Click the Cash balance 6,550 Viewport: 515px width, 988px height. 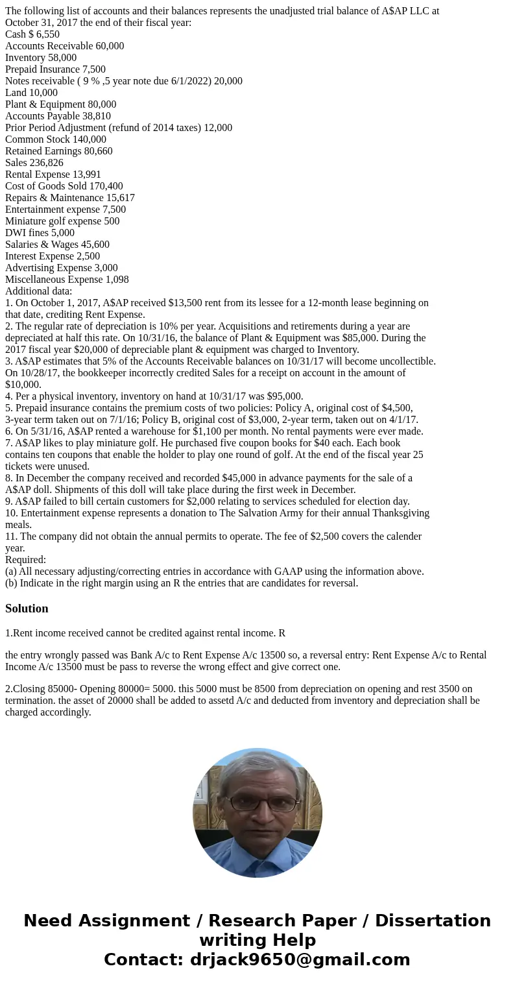point(48,34)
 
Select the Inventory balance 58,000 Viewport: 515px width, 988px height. point(62,58)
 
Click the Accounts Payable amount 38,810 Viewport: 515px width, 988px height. point(97,116)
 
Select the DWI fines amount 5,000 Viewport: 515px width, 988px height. point(63,233)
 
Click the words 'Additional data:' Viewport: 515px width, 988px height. point(38,291)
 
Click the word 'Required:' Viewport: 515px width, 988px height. point(25,560)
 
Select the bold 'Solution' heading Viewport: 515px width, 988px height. point(27,608)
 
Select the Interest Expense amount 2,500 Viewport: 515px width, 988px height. point(88,256)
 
